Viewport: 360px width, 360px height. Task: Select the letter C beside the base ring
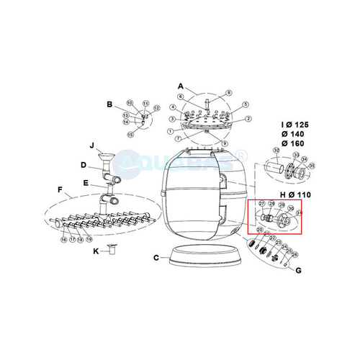click(156, 257)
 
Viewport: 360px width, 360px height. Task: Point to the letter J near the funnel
click(91, 145)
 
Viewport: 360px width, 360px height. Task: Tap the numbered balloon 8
click(229, 92)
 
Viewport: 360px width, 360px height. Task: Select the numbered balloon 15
click(130, 133)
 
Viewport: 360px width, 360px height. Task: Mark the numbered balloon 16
click(63, 238)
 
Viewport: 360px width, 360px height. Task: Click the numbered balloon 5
click(246, 105)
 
